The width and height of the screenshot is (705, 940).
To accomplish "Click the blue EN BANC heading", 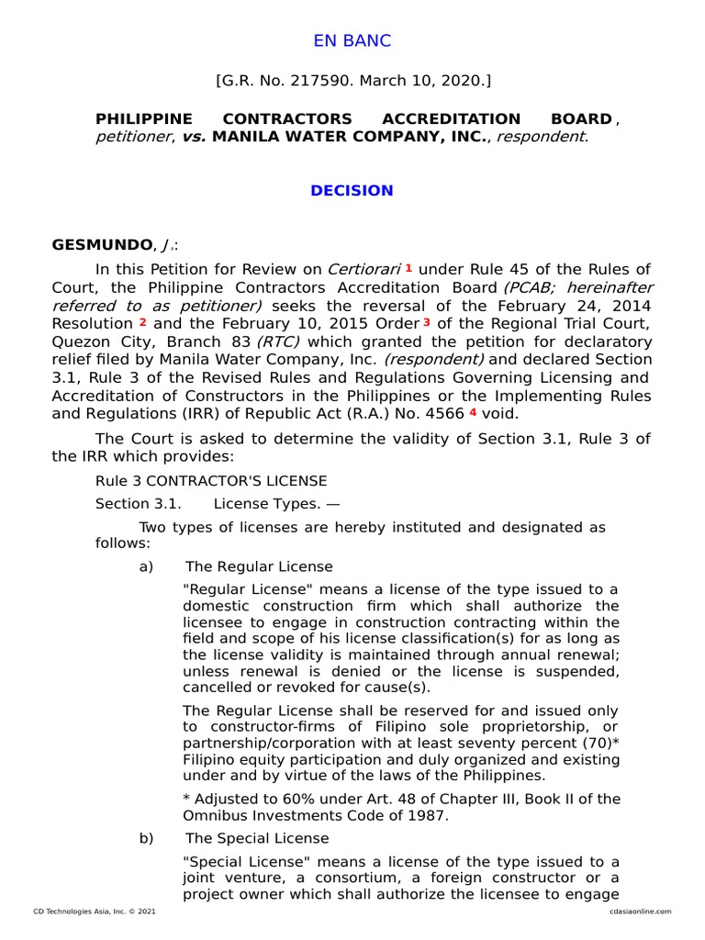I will [x=352, y=40].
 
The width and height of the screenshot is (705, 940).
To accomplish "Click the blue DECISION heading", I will [x=352, y=191].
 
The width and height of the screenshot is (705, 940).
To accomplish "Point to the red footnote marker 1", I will [x=408, y=268].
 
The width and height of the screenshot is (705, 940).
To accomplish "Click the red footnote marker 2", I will [x=142, y=323].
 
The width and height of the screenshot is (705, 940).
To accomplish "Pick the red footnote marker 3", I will [x=427, y=323].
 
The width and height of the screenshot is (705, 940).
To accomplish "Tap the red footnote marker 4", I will [x=473, y=412].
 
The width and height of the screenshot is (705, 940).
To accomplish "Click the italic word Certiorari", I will [x=364, y=269].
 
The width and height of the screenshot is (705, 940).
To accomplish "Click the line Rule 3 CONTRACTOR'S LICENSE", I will [x=211, y=481].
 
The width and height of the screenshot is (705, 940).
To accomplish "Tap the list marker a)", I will [x=146, y=566].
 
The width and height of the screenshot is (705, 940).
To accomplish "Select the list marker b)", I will [x=146, y=838].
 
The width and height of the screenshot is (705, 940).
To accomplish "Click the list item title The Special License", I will [x=257, y=838].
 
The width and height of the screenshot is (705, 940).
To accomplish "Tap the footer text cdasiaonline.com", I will [x=640, y=912].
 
